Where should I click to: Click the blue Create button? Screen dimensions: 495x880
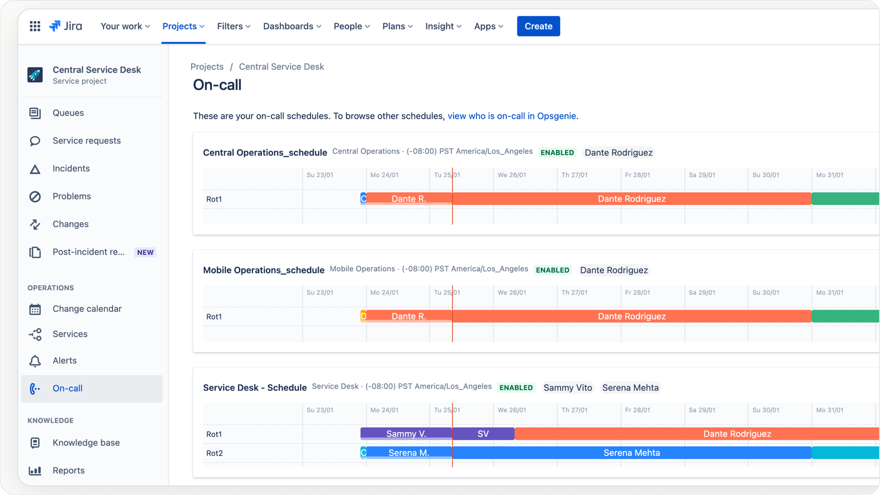(538, 26)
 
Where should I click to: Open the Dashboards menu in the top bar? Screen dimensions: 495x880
(292, 26)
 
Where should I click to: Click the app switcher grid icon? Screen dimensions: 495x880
(35, 26)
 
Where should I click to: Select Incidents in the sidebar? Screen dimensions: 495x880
(71, 169)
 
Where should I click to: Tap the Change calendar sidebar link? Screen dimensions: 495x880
(87, 309)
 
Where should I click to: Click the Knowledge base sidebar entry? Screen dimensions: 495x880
(86, 443)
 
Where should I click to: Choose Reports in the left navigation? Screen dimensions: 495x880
(68, 471)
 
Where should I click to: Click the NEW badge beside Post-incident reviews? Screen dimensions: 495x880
(145, 252)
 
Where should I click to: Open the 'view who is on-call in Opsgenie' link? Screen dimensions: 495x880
(511, 116)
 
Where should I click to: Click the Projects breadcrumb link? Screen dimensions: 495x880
(207, 67)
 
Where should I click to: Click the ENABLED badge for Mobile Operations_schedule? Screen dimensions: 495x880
(553, 270)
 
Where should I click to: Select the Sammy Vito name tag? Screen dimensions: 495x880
(567, 388)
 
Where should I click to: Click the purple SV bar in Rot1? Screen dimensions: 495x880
(483, 434)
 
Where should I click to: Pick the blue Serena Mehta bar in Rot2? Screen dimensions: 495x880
(631, 453)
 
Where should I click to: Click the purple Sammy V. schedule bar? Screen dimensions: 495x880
(406, 434)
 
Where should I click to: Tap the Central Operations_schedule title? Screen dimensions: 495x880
(265, 153)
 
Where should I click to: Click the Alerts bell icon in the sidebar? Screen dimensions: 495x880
(35, 361)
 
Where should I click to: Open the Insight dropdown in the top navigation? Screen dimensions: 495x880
(443, 26)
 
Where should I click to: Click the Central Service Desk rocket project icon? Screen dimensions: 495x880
(35, 75)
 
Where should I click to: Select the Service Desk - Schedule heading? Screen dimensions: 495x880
(255, 388)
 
